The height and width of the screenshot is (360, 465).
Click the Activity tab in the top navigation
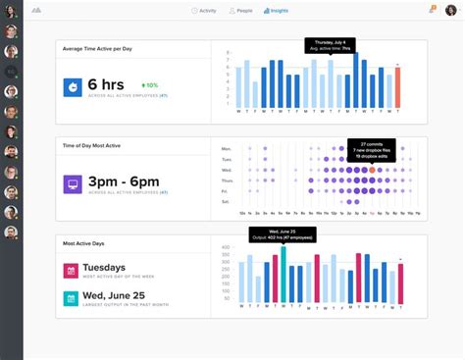coord(204,10)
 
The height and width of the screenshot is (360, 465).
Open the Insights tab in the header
coord(276,10)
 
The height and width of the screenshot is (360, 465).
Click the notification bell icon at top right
coord(432,10)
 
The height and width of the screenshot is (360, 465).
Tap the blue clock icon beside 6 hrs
coord(74,86)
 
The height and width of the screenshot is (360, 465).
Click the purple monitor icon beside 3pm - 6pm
coord(74,183)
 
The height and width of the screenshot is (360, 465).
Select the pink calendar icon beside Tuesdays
coord(71,270)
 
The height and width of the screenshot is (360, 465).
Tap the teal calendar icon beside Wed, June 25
coord(71,297)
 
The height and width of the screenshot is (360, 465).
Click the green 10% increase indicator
coord(149,85)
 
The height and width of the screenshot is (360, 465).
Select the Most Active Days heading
coord(83,242)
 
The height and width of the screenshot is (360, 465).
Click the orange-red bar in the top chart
coord(398,87)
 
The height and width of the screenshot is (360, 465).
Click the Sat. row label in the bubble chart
coord(228,202)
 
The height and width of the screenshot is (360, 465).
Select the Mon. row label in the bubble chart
coord(228,148)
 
